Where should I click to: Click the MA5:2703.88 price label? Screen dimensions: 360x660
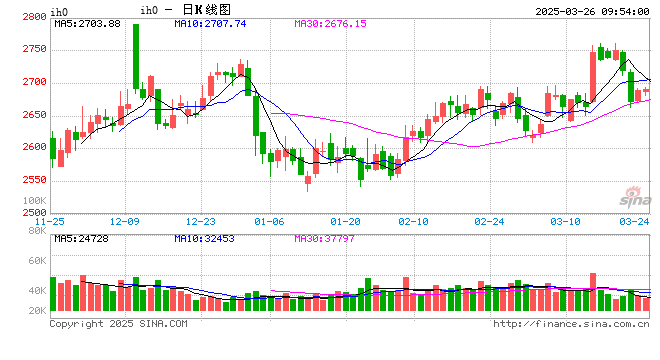88,23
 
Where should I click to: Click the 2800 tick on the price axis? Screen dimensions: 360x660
33,17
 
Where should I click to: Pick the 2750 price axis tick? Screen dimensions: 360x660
33,49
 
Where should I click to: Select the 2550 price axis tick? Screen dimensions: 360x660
33,180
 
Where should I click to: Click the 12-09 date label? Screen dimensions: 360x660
127,220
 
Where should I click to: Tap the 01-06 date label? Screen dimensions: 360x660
270,220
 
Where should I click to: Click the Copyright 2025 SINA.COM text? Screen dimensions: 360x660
118,324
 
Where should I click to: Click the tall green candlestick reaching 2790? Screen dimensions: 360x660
135,56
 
